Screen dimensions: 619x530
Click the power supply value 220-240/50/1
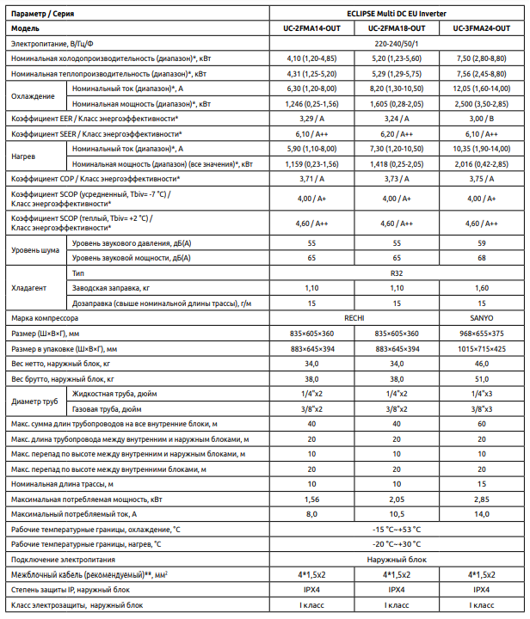click(x=397, y=42)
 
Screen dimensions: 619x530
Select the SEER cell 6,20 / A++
click(x=397, y=134)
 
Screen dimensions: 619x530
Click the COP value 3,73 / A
click(x=397, y=178)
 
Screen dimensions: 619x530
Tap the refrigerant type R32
click(x=397, y=273)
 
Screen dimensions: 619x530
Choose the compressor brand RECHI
click(x=354, y=317)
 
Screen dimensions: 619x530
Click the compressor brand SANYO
click(x=482, y=317)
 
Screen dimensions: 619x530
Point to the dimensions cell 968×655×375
click(x=482, y=333)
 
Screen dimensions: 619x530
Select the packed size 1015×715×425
click(x=482, y=348)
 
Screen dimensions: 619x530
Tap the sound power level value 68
click(x=482, y=257)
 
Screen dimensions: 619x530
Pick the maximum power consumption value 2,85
click(x=482, y=499)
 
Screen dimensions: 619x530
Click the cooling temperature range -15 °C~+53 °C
click(x=397, y=530)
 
